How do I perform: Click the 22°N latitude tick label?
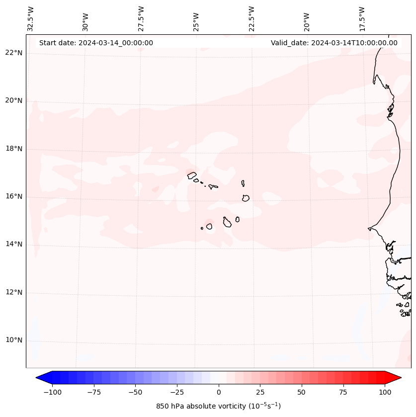coord(14,53)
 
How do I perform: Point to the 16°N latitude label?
coord(14,196)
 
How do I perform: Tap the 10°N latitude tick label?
coord(14,340)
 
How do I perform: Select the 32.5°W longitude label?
coord(31,19)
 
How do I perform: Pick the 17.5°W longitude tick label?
coord(362,19)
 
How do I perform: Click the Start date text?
coord(96,43)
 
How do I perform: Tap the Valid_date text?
coord(334,43)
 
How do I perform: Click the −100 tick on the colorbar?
coord(51,392)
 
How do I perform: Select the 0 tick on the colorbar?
coord(219,392)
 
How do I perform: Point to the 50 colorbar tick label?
coord(302,392)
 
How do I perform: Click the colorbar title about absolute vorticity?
coord(219,407)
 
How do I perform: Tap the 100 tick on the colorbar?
coord(385,392)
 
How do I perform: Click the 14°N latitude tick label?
coord(14,244)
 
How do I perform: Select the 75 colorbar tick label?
coord(343,392)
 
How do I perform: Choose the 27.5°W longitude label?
coord(141,19)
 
